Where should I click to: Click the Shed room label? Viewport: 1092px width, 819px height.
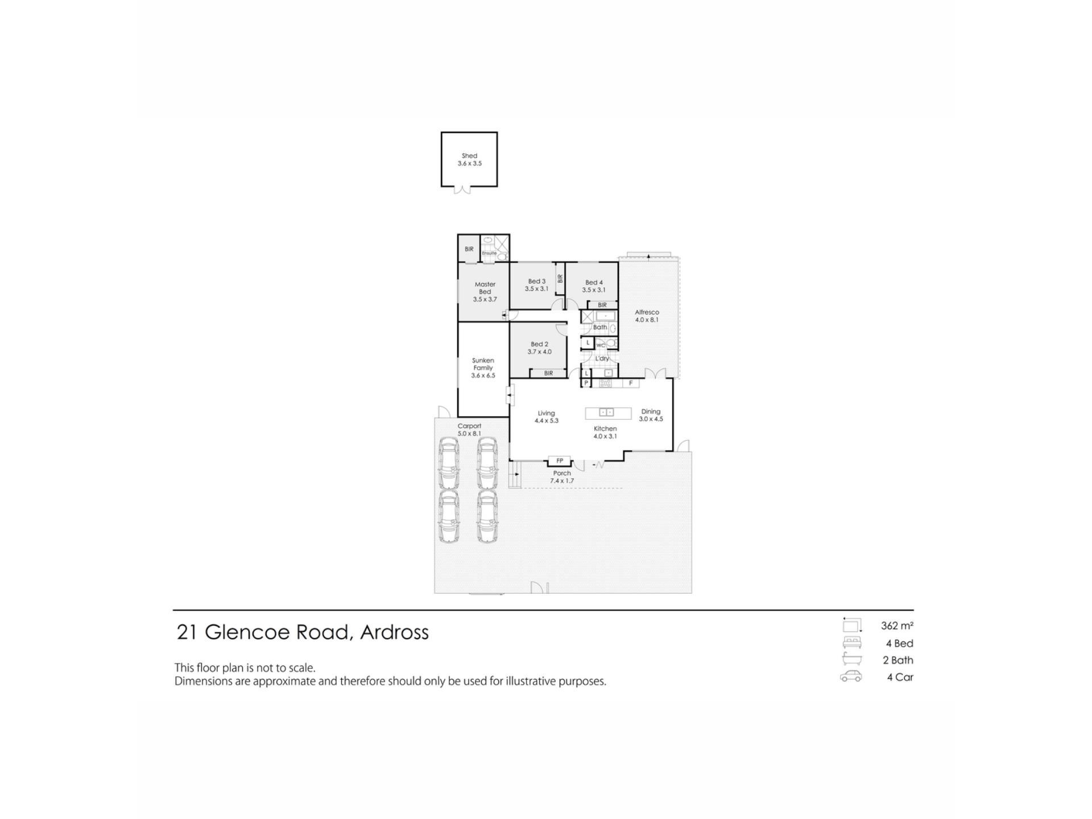tap(469, 159)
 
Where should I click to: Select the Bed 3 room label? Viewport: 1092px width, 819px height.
tap(536, 285)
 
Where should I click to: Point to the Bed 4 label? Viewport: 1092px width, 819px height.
tap(593, 286)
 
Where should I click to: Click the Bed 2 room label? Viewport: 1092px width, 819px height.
tap(539, 348)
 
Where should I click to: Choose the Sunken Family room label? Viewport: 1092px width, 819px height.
tap(483, 368)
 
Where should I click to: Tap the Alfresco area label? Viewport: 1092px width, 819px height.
tap(647, 316)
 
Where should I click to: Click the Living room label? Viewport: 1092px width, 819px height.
tap(546, 417)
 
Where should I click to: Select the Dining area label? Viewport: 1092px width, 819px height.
tap(651, 415)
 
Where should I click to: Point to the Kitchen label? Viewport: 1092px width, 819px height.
tap(605, 432)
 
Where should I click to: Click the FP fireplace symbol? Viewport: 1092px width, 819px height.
tap(560, 461)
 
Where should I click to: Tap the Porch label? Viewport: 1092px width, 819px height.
tap(562, 477)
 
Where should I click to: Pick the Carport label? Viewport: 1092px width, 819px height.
tap(469, 429)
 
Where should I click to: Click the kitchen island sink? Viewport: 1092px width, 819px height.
tap(606, 412)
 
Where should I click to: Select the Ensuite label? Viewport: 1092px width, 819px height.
tap(489, 253)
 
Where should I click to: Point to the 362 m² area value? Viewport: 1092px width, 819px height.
tap(897, 626)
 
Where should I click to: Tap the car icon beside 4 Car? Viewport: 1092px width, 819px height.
tap(851, 676)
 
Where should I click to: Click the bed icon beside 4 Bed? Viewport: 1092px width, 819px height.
tap(852, 643)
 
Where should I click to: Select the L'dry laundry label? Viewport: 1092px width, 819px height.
tap(602, 359)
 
